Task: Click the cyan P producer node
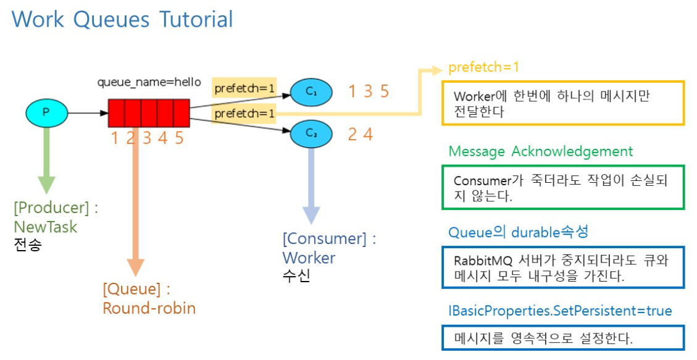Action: coord(46,112)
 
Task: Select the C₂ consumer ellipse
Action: coord(311,133)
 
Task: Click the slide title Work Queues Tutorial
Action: coord(122,19)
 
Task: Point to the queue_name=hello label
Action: coord(149,82)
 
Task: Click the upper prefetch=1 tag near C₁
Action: coord(244,88)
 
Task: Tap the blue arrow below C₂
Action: coord(312,185)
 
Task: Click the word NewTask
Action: coord(46,227)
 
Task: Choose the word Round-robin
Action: coord(149,308)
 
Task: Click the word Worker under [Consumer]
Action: coord(309,257)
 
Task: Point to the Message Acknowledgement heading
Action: coord(540,151)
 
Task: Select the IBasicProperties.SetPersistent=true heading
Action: coord(560,311)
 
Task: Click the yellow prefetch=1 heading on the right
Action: coord(483,67)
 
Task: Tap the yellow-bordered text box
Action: coord(562,103)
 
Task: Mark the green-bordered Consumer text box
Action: coord(562,187)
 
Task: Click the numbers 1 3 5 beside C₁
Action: coord(368,91)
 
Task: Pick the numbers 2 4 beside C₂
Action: coord(360,134)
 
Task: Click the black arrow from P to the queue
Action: coord(87,113)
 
